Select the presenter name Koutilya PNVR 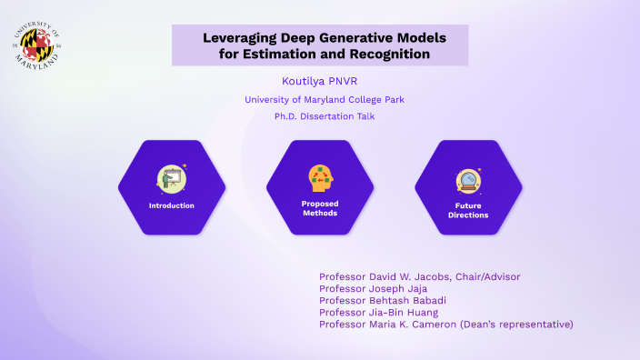pyautogui.click(x=320, y=82)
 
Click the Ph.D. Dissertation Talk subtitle pyautogui.click(x=320, y=116)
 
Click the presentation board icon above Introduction pyautogui.click(x=171, y=177)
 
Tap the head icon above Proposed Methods pyautogui.click(x=320, y=176)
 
